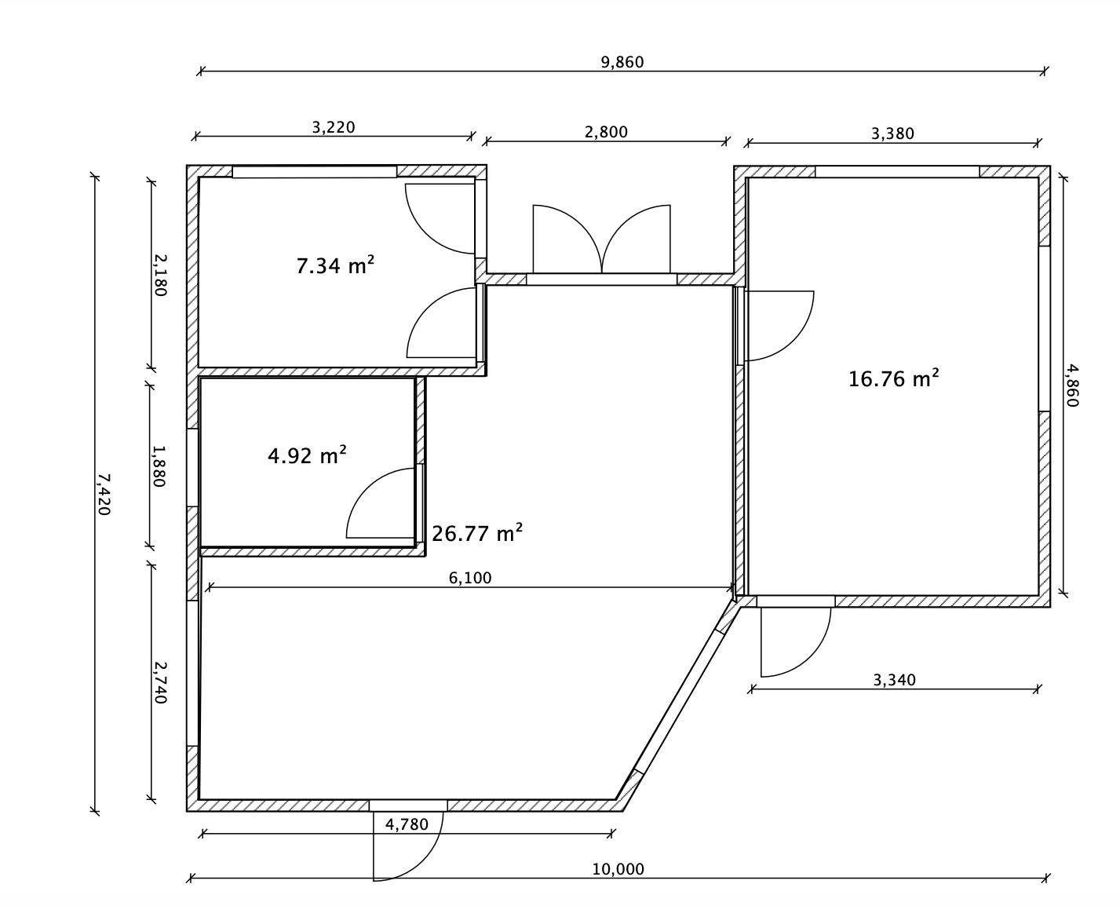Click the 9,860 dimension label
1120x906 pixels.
[x=622, y=63]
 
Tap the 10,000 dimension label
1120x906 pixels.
[x=618, y=869]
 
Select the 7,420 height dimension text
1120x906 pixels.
[x=104, y=495]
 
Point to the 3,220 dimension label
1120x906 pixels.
[x=334, y=128]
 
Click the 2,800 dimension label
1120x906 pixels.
[x=606, y=132]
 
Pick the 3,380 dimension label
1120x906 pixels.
[x=892, y=134]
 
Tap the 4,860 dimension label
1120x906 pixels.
[x=1072, y=385]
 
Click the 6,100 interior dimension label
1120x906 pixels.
[x=470, y=579]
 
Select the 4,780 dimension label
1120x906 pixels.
[x=407, y=824]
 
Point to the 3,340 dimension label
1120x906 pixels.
[x=894, y=681]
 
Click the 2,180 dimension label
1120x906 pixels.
[x=160, y=276]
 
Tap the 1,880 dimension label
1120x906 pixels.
[x=159, y=466]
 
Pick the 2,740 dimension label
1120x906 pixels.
[x=160, y=682]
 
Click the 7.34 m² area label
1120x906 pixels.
[x=335, y=265]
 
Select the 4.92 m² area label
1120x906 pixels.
[x=307, y=455]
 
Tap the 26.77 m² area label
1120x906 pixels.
[x=477, y=533]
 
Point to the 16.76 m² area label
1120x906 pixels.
[x=893, y=378]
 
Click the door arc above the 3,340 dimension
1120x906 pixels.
[x=811, y=657]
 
